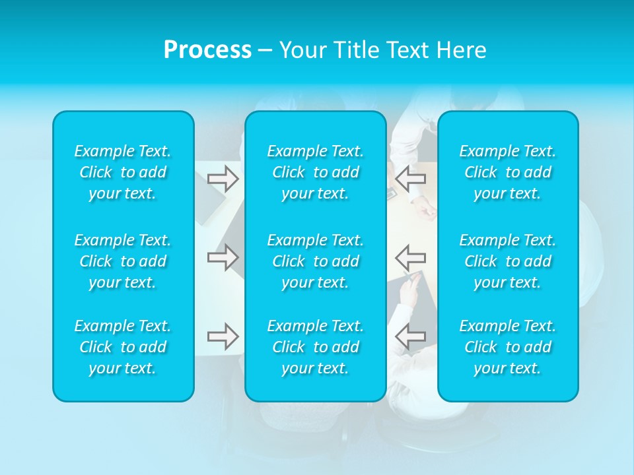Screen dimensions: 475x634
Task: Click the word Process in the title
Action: coord(207,50)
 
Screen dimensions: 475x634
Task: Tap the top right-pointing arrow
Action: coord(223,179)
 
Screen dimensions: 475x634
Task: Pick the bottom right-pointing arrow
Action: coord(223,336)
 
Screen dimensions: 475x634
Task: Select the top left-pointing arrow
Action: coord(410,177)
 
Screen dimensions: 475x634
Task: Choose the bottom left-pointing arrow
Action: coord(410,336)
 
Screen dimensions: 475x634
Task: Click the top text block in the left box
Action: coord(123,172)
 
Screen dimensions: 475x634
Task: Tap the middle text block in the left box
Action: coord(123,261)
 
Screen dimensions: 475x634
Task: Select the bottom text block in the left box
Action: coord(123,347)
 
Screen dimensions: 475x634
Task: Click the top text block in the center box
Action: coord(316,172)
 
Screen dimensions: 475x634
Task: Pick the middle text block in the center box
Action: coord(316,261)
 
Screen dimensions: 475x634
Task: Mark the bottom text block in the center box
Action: coord(316,347)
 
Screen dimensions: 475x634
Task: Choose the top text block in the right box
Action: coord(508,172)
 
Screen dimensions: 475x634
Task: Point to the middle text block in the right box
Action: coord(508,261)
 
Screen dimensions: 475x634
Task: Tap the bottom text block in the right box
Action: coord(508,347)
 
